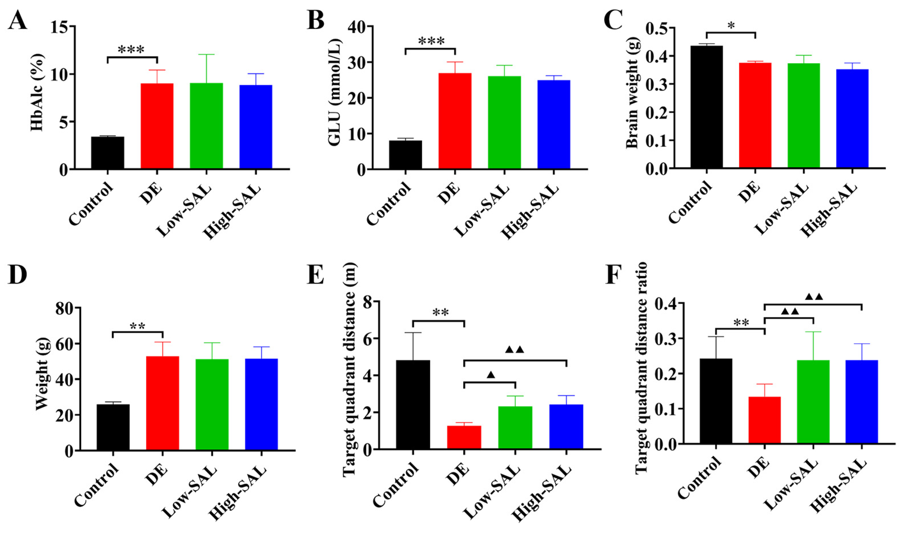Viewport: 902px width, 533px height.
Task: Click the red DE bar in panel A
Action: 157,126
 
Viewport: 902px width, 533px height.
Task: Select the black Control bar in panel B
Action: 405,155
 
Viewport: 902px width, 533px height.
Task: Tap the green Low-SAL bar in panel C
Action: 804,115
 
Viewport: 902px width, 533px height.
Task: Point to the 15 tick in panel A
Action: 59,27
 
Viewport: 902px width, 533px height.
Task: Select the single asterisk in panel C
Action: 731,26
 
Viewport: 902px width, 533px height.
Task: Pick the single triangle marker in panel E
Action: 491,375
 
